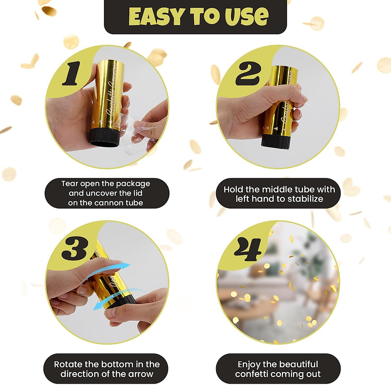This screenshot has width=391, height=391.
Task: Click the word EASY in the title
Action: [157, 17]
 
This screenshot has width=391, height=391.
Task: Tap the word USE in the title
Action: [246, 17]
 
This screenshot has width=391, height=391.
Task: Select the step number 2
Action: [248, 74]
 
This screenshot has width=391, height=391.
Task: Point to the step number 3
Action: [74, 249]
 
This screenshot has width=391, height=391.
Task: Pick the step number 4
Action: [248, 249]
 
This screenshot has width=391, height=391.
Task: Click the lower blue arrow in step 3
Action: [117, 297]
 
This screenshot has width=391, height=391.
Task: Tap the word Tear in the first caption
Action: [70, 184]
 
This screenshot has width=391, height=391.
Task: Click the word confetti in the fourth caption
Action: [253, 374]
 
